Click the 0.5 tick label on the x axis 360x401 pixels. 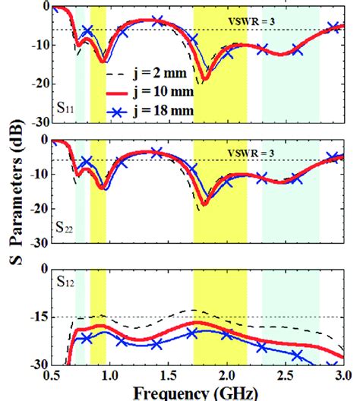pos(52,376)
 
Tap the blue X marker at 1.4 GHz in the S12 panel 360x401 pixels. pos(156,344)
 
